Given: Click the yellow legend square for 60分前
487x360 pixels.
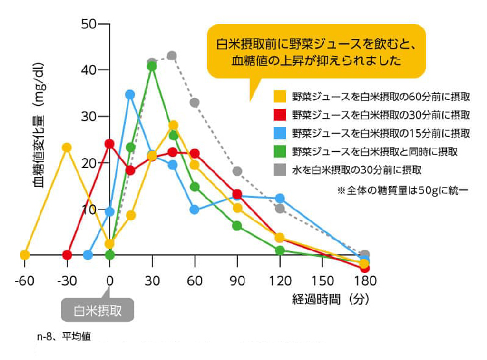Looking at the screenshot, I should click(x=280, y=97).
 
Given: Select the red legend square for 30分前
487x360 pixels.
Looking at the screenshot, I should click(x=280, y=115).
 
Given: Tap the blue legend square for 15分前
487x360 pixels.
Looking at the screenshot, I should click(x=280, y=134).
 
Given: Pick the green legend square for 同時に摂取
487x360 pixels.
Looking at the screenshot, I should click(x=280, y=152).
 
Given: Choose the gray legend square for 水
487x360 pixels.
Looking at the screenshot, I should click(x=280, y=170).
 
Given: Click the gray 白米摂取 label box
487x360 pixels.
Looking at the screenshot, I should click(x=97, y=309).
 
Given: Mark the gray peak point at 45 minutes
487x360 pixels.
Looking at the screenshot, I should click(x=172, y=56).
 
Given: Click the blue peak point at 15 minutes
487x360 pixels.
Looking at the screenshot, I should click(x=130, y=94).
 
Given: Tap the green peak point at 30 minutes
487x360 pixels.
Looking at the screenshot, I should click(x=152, y=66).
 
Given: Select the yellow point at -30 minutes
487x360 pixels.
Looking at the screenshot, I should click(x=67, y=147).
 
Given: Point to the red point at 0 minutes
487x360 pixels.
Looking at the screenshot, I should click(x=110, y=143).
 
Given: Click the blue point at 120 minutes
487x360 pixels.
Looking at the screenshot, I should click(x=279, y=198).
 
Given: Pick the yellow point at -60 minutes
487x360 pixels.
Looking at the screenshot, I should click(x=25, y=255).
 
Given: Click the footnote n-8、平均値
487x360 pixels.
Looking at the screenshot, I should click(x=64, y=337).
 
